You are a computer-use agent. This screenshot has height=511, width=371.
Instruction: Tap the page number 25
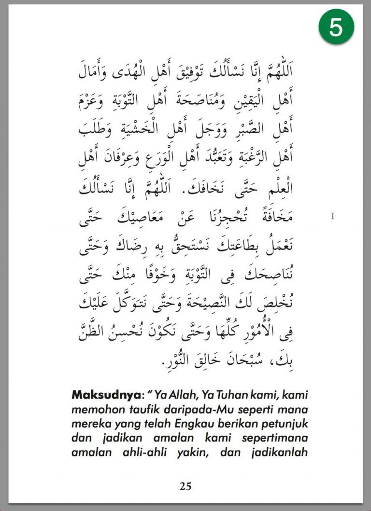tap(185, 486)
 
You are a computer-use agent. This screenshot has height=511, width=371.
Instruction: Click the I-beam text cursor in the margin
tap(333, 216)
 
